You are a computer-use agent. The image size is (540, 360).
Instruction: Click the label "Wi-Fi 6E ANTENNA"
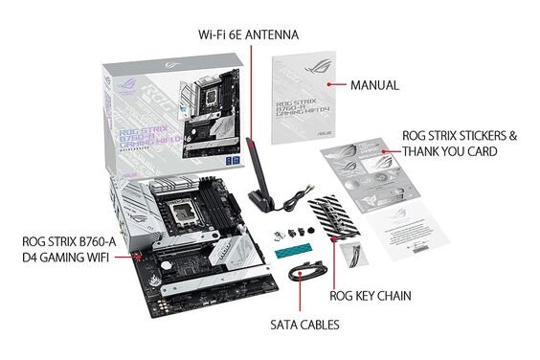[x=249, y=35]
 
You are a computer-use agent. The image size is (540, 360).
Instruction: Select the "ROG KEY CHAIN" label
[x=371, y=296]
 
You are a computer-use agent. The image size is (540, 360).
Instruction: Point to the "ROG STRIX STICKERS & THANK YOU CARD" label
[x=460, y=144]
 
